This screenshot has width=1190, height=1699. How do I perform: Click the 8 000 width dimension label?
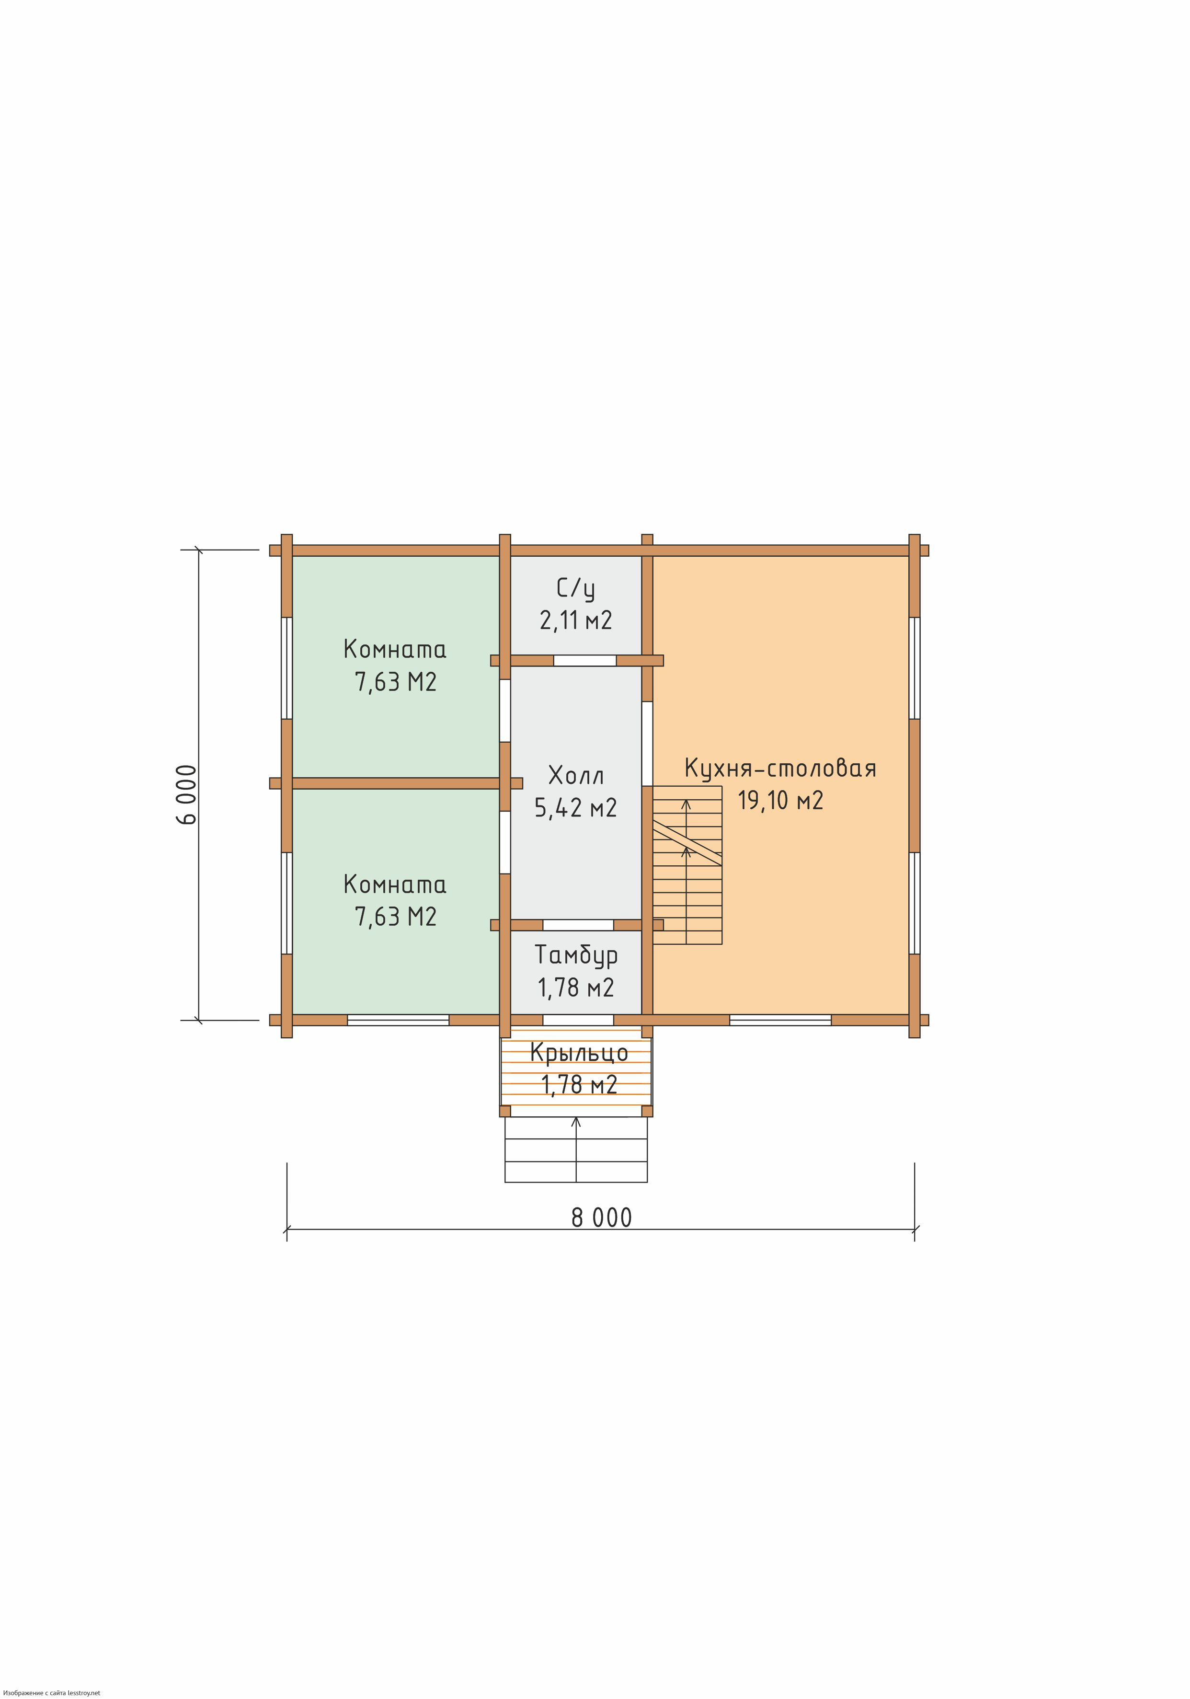(x=602, y=1217)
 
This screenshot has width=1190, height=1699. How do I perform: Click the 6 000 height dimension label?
(x=187, y=795)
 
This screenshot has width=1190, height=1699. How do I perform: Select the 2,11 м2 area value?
(x=576, y=620)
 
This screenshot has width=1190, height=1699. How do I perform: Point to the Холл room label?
(x=576, y=776)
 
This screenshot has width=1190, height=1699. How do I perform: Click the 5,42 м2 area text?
(x=576, y=807)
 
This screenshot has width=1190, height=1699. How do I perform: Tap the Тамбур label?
(x=576, y=955)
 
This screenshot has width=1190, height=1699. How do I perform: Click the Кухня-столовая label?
(x=780, y=768)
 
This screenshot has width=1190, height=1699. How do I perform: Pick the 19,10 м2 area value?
(x=780, y=801)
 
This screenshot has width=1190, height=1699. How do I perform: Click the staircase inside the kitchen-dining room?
(x=687, y=865)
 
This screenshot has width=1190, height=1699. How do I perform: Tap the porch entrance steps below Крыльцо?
(x=576, y=1149)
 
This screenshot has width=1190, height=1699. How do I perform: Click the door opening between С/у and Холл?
(x=584, y=661)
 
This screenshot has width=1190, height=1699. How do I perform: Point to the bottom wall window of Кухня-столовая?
(x=780, y=1020)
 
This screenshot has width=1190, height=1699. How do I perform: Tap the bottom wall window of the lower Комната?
(x=398, y=1020)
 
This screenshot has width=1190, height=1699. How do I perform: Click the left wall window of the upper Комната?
(x=286, y=668)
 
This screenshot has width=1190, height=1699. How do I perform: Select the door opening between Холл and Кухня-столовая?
(x=647, y=743)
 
